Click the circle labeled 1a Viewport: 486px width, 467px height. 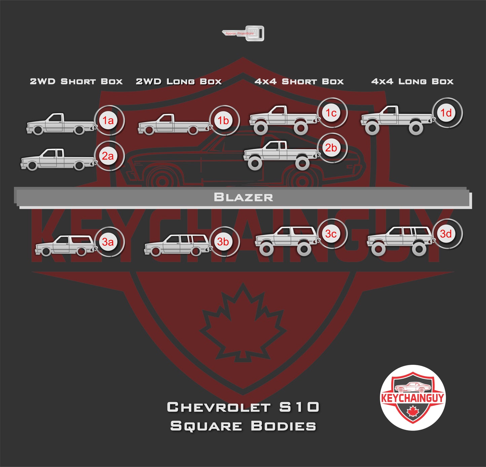(x=108, y=120)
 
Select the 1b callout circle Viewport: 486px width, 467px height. (x=223, y=120)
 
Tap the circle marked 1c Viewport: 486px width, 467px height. (x=331, y=113)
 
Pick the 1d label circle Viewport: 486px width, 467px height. (x=446, y=113)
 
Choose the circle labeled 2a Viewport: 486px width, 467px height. (x=108, y=156)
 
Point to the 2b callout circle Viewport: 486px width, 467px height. (x=331, y=148)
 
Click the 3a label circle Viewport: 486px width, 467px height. (x=108, y=242)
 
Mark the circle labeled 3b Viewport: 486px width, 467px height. (x=223, y=242)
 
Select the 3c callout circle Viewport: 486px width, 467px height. (x=331, y=234)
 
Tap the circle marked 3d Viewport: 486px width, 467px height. (x=446, y=233)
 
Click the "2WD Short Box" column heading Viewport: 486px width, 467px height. (x=76, y=81)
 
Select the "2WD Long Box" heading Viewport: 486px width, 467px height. (x=179, y=81)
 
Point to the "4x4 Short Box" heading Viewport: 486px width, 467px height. (x=299, y=81)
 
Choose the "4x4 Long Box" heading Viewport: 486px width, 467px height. (x=412, y=81)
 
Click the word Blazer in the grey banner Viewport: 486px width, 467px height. (x=243, y=197)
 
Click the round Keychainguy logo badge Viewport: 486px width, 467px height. (x=412, y=397)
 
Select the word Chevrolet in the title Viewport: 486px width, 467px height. (x=219, y=407)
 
